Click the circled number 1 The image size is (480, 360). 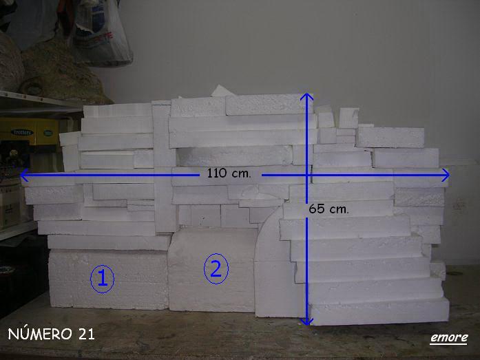[102, 279]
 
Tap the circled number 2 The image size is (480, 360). [216, 269]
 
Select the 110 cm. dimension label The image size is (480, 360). [229, 173]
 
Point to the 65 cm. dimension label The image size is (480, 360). [328, 209]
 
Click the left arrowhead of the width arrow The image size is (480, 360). [24, 175]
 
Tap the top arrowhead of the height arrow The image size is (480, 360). [306, 96]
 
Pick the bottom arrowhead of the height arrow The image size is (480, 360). [306, 321]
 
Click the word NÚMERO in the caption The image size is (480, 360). [39, 333]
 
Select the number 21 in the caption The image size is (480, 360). [86, 334]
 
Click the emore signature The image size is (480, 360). [449, 338]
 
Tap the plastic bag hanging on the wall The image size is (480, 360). [103, 32]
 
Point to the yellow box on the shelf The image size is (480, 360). [29, 131]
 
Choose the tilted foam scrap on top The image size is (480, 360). [219, 91]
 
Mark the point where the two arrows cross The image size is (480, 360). [306, 175]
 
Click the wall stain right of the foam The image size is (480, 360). [459, 204]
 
